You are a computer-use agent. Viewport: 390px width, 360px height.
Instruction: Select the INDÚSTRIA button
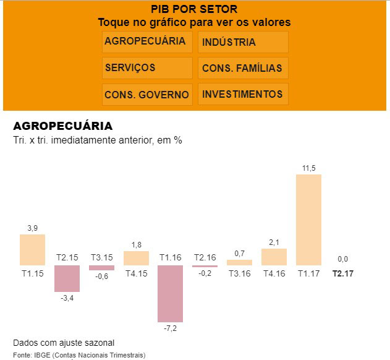[243, 42]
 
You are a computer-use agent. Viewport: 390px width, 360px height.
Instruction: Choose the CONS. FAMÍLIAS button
[243, 68]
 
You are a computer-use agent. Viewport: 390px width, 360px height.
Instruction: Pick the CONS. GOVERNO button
[146, 95]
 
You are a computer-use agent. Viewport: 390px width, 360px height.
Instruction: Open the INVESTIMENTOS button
[243, 95]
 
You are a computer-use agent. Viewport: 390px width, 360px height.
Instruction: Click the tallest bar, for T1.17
[308, 220]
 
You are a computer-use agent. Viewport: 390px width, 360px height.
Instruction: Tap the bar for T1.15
[32, 250]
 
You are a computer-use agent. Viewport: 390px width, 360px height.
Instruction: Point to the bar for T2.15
[67, 278]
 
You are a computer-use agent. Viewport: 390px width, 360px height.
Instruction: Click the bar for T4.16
[274, 257]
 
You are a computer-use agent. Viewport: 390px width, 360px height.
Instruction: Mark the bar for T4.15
[136, 258]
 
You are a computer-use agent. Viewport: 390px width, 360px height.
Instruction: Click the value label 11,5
[309, 168]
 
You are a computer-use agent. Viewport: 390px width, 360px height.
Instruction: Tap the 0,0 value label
[342, 259]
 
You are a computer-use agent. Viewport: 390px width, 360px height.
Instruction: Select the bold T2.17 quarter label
[343, 273]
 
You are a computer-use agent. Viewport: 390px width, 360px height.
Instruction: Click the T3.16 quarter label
[239, 273]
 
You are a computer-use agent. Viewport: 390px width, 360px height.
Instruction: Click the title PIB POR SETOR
[194, 9]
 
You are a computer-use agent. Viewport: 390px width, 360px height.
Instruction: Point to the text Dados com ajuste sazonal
[64, 343]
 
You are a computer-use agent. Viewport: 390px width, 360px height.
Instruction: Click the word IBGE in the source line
[48, 355]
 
